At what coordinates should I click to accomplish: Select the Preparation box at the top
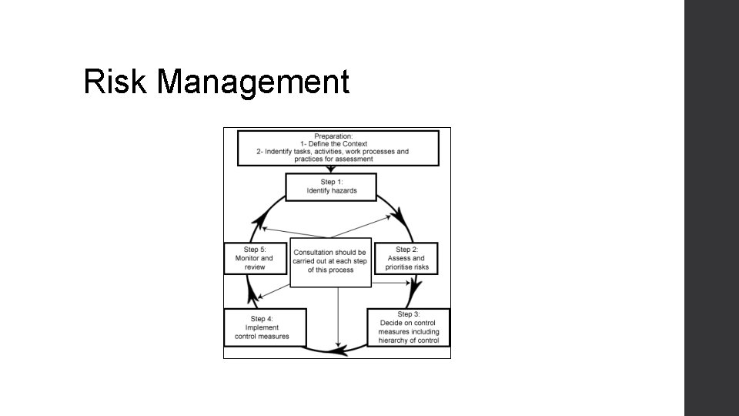point(338,147)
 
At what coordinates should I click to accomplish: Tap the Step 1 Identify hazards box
point(331,186)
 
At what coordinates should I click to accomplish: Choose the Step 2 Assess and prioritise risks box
point(406,258)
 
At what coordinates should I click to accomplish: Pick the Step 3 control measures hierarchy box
point(408,327)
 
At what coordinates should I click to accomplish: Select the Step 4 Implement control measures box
point(265,327)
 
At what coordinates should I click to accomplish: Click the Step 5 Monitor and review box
point(255,258)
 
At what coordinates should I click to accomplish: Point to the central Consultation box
point(330,261)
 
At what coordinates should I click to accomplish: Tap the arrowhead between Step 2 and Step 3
point(415,290)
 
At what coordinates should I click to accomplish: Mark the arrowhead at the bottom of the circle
point(337,351)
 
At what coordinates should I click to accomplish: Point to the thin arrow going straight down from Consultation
point(338,316)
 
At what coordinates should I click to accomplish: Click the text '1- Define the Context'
point(333,144)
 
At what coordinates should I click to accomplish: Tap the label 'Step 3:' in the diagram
point(410,314)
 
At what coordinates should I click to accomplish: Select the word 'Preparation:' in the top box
point(333,136)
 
